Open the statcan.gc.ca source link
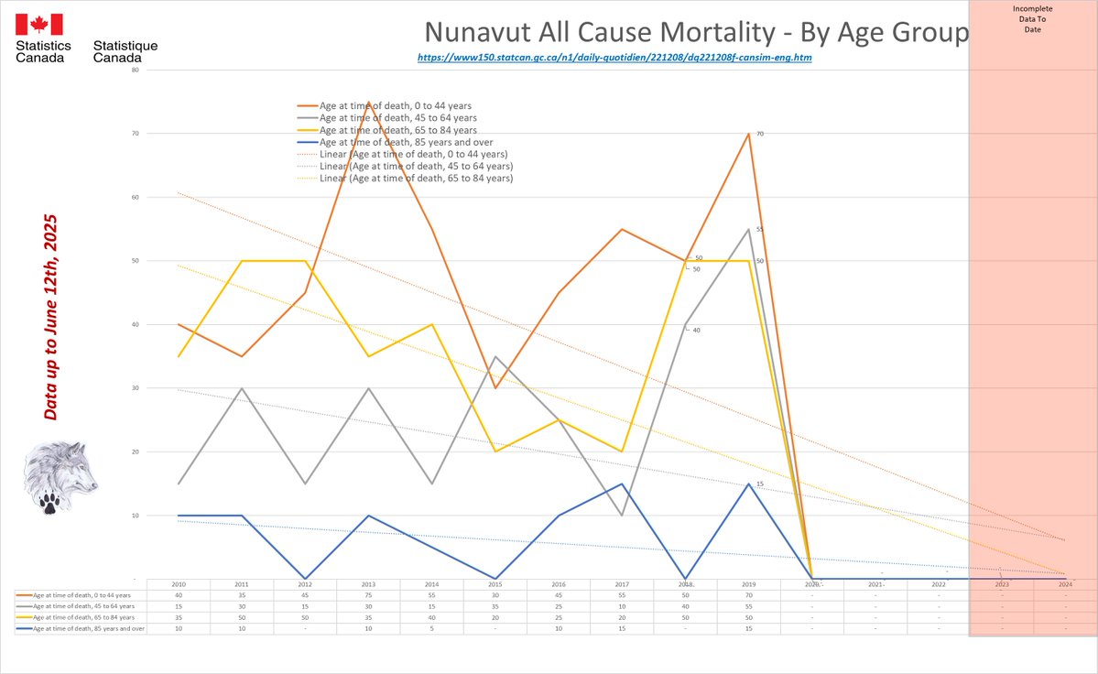click(x=614, y=58)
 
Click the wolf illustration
click(x=60, y=476)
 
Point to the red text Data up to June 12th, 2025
click(x=51, y=318)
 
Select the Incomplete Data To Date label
click(x=1033, y=19)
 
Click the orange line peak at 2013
click(x=368, y=103)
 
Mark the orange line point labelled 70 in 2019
click(x=748, y=134)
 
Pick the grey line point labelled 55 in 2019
click(x=748, y=229)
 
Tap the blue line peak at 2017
click(x=622, y=484)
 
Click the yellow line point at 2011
click(x=242, y=261)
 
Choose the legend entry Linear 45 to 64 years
click(x=416, y=166)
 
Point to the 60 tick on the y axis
click(x=135, y=197)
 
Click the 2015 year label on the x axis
click(x=495, y=584)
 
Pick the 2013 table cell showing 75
click(x=368, y=595)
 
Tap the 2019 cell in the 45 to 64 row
click(x=748, y=606)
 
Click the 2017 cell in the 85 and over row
click(x=622, y=629)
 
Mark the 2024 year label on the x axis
click(x=1065, y=584)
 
